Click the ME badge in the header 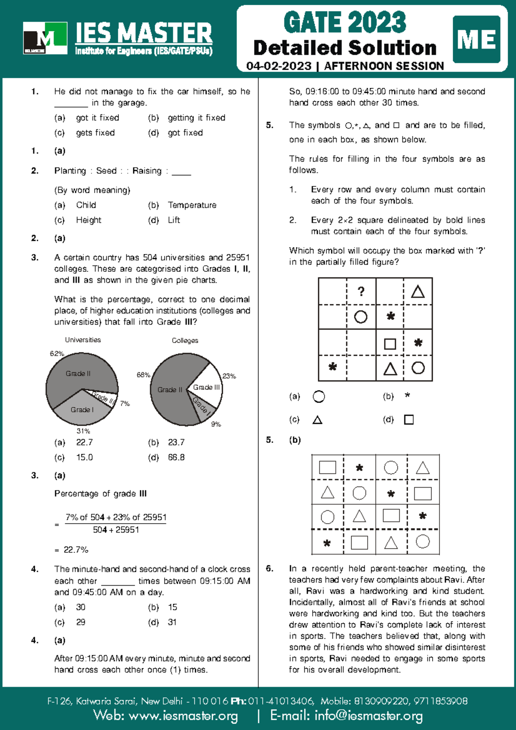click(x=476, y=40)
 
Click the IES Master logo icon click(x=45, y=38)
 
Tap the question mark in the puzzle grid click(x=361, y=291)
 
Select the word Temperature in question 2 click(x=192, y=205)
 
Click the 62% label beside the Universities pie click(x=57, y=353)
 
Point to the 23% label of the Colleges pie click(x=229, y=376)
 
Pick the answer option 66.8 click(x=176, y=457)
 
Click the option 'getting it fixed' click(x=197, y=118)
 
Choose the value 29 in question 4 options click(x=81, y=622)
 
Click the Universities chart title click(x=83, y=340)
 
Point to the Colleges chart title click(x=185, y=340)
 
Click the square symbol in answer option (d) click(x=409, y=420)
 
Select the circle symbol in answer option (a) click(x=319, y=396)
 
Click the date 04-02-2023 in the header click(x=279, y=66)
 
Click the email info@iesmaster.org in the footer click(x=369, y=715)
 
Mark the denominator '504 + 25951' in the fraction click(x=116, y=530)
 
